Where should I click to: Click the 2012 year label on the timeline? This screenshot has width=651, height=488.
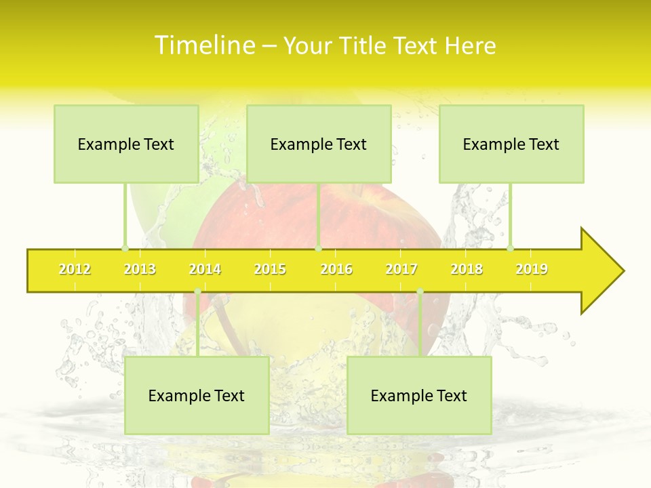(x=75, y=270)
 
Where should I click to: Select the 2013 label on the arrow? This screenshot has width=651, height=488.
(x=140, y=270)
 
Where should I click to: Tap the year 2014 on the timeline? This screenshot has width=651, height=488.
(x=205, y=270)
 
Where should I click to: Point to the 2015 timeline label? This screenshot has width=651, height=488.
(x=270, y=270)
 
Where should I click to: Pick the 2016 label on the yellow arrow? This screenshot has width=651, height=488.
(x=336, y=270)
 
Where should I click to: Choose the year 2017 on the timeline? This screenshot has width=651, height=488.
(x=401, y=270)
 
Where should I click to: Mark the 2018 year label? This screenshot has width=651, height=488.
(x=467, y=270)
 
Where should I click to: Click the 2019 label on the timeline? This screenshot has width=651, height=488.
(x=532, y=270)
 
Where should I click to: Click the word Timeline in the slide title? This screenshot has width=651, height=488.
(x=204, y=45)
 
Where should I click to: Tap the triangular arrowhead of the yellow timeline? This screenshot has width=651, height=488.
(x=600, y=271)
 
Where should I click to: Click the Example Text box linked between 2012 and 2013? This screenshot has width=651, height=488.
(x=126, y=144)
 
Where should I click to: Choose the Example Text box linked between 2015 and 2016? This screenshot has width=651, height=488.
(x=319, y=144)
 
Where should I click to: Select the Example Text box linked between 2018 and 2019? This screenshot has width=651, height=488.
(x=511, y=144)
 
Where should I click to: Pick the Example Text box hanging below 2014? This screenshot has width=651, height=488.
(x=197, y=395)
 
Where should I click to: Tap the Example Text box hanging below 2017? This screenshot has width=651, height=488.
(x=419, y=395)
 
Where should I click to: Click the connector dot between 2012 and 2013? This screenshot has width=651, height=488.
(x=125, y=248)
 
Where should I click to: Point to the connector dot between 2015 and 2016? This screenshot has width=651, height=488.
(x=319, y=248)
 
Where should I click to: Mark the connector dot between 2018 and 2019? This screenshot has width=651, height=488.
(x=510, y=248)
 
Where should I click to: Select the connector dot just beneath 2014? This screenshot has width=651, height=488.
(x=197, y=291)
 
